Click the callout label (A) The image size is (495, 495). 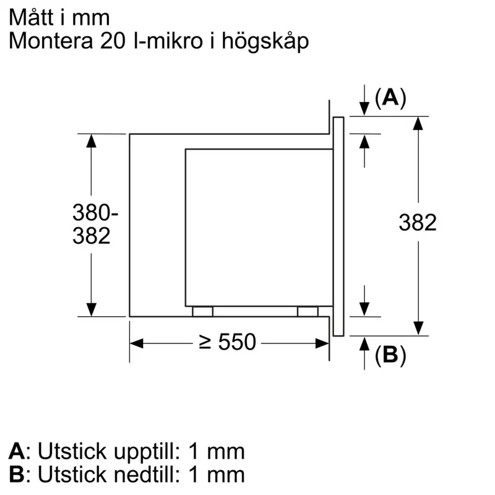[x=390, y=98]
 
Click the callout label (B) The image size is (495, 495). [x=390, y=355]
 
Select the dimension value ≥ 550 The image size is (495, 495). [x=227, y=342]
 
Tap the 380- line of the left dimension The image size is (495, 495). [x=95, y=212]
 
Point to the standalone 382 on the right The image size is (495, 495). [x=418, y=223]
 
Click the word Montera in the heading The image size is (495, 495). [x=51, y=41]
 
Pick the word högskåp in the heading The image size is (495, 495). [x=265, y=41]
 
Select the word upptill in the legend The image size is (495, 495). [x=147, y=452]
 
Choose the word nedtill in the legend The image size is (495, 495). [x=147, y=474]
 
